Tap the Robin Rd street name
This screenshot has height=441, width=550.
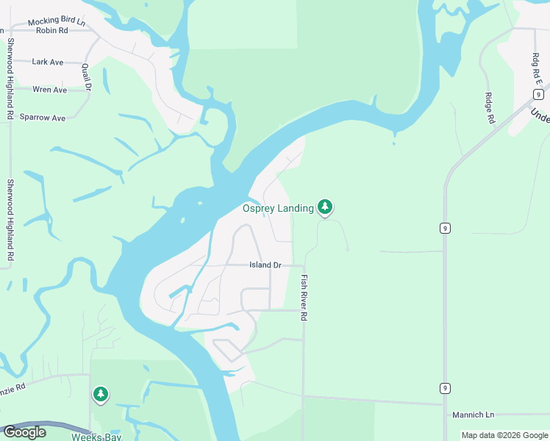tap(51, 32)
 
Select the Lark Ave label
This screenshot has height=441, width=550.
tap(48, 62)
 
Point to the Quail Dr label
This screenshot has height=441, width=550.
tap(86, 77)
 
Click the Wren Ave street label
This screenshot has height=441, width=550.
tap(50, 90)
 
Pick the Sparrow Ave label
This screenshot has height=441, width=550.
tap(43, 118)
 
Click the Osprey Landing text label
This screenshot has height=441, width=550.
tap(278, 209)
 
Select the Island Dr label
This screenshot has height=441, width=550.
tap(265, 265)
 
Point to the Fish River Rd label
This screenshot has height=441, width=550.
tap(303, 298)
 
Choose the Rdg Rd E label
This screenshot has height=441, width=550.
tap(535, 69)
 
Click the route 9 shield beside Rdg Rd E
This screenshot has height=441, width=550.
tap(539, 94)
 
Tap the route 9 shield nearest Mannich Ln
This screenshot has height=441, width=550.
tap(446, 388)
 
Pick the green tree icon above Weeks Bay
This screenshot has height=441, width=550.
tap(100, 395)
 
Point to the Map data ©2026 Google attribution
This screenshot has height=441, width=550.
tap(504, 435)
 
